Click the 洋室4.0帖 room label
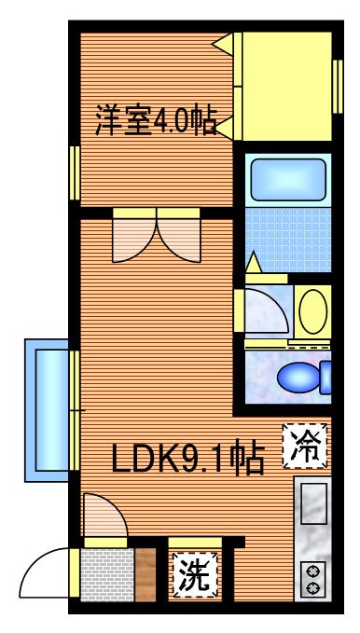156,121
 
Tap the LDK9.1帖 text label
187,458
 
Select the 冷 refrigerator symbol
305,445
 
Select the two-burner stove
312,578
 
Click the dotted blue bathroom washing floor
286,239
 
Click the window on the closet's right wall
338,85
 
